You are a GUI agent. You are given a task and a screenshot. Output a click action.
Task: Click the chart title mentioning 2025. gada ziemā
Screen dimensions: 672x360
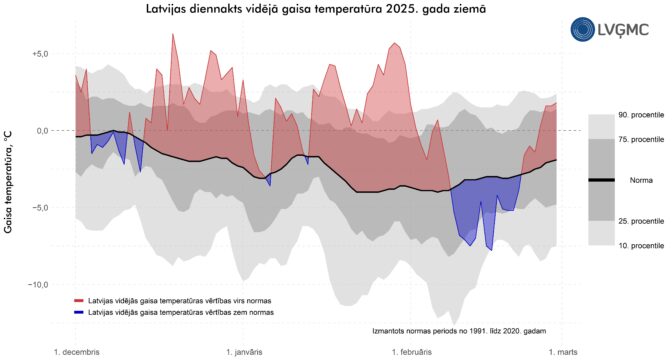[316, 9]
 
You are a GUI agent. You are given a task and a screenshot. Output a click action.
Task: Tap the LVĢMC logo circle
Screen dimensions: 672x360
[582, 29]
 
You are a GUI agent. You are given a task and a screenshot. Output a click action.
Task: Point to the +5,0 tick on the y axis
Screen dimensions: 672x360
[39, 54]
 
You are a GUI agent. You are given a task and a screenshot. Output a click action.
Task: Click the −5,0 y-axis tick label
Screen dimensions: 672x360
[39, 207]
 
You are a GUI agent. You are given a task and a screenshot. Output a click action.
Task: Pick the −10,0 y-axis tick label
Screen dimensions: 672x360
[37, 285]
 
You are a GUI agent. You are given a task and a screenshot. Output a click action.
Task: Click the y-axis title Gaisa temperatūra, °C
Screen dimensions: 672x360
[8, 182]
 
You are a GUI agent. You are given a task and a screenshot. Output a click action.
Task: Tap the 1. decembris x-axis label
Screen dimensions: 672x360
[77, 352]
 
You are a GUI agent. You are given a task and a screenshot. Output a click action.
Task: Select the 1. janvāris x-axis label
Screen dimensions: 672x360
[245, 352]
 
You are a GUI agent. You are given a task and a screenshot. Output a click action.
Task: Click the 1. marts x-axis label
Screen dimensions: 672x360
[563, 352]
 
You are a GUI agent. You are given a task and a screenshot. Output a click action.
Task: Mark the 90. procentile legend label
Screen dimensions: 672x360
[641, 115]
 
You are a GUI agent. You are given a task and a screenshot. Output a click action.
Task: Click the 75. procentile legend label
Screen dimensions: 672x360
[641, 139]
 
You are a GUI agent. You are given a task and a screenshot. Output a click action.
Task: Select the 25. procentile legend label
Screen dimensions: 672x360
[641, 221]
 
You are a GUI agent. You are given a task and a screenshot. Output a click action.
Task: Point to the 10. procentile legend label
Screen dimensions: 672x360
[641, 246]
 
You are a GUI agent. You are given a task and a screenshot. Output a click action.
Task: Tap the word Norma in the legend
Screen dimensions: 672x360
[641, 180]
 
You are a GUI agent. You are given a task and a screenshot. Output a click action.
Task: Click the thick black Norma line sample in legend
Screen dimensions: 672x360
[601, 180]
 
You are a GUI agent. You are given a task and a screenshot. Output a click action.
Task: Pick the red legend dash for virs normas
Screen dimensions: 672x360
[79, 301]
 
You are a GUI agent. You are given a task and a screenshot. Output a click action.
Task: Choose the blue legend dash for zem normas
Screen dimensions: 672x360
[79, 312]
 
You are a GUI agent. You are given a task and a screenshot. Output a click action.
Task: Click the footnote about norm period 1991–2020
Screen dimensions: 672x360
[459, 331]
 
